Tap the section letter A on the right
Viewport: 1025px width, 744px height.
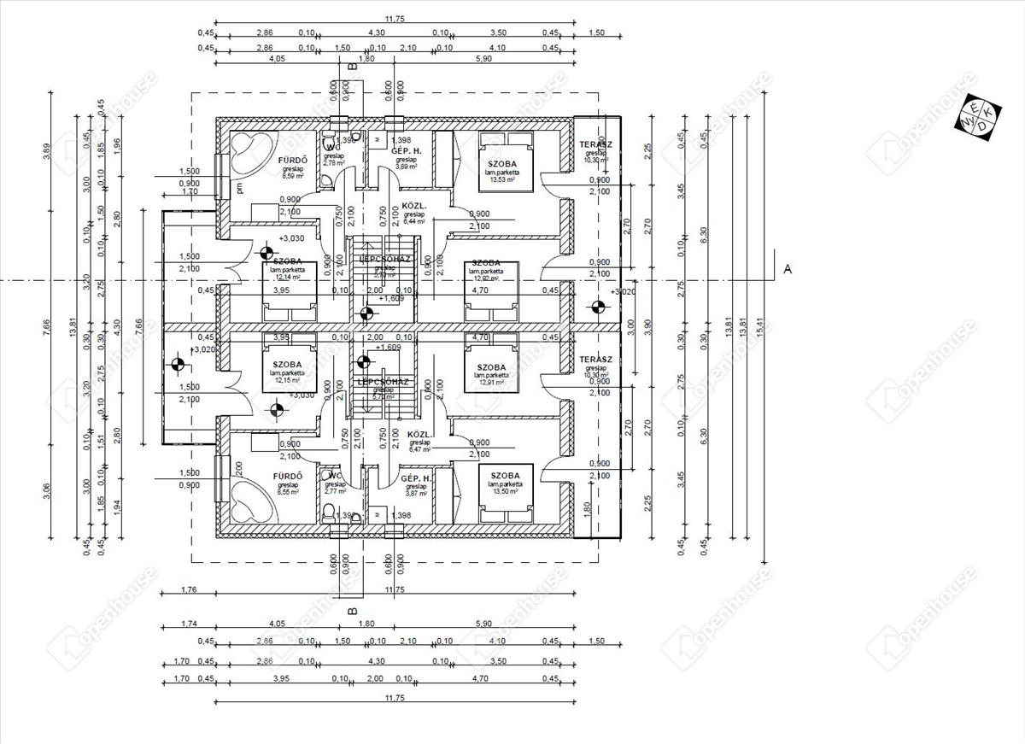[x=788, y=269]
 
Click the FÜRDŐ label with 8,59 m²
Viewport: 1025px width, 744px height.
[x=293, y=161]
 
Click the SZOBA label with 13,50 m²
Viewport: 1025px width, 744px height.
[x=505, y=476]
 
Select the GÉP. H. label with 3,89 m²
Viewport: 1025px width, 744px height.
[x=405, y=152]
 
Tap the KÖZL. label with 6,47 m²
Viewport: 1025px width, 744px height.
[x=419, y=434]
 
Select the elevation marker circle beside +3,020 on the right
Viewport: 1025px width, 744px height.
[x=596, y=307]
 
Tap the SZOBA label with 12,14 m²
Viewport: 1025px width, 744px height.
[x=288, y=261]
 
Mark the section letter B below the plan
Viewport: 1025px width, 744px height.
[x=351, y=611]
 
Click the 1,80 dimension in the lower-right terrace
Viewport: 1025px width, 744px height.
[x=587, y=506]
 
